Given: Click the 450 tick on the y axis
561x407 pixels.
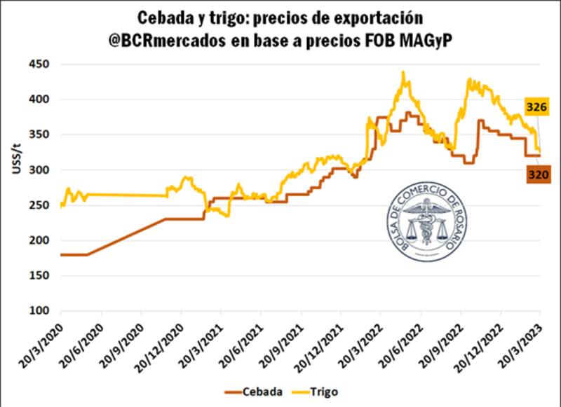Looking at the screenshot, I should click(x=44, y=64).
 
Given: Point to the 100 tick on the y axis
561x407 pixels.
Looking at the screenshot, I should click(x=44, y=311).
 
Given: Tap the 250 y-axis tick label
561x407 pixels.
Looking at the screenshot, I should click(x=44, y=205).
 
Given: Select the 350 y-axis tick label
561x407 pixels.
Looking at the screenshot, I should click(x=44, y=134).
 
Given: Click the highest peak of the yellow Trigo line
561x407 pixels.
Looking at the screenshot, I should click(x=403, y=71).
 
